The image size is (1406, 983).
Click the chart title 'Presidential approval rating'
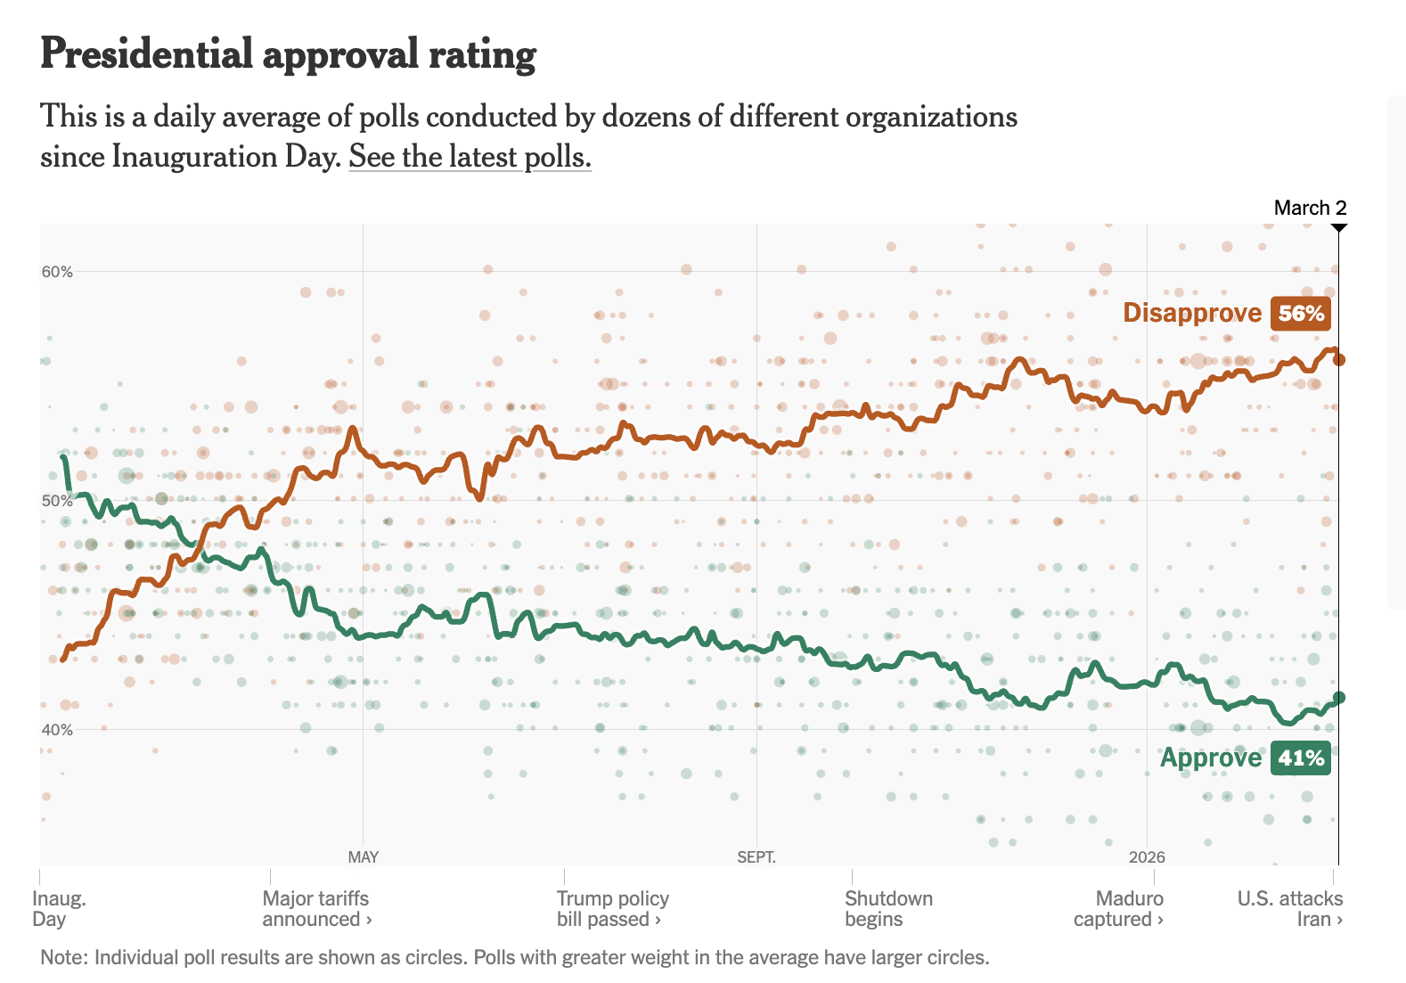pyautogui.click(x=288, y=54)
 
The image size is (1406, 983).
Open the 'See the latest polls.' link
pyautogui.click(x=470, y=157)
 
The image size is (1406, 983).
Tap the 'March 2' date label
pyautogui.click(x=1310, y=208)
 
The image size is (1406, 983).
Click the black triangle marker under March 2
pyautogui.click(x=1338, y=228)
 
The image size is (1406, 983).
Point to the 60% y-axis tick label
pyautogui.click(x=57, y=272)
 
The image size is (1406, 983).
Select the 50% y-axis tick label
pyautogui.click(x=57, y=501)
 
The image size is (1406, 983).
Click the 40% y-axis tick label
pyautogui.click(x=57, y=730)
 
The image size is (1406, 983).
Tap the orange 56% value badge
pyautogui.click(x=1301, y=313)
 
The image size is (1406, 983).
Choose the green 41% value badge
pyautogui.click(x=1301, y=758)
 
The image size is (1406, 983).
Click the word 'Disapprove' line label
pyautogui.click(x=1192, y=313)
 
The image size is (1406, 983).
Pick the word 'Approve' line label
pyautogui.click(x=1211, y=758)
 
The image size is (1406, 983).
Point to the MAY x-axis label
pyautogui.click(x=363, y=857)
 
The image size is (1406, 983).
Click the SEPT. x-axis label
pyautogui.click(x=756, y=857)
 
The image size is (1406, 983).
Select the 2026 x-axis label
pyautogui.click(x=1147, y=857)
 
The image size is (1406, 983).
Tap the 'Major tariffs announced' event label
pyautogui.click(x=316, y=909)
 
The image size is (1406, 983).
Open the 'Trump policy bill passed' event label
pyautogui.click(x=612, y=909)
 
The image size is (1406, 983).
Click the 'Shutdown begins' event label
pyautogui.click(x=888, y=909)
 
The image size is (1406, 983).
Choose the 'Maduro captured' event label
pyautogui.click(x=1119, y=909)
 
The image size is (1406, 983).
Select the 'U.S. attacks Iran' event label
pyautogui.click(x=1290, y=909)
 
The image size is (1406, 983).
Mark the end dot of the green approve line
pyautogui.click(x=1338, y=698)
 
